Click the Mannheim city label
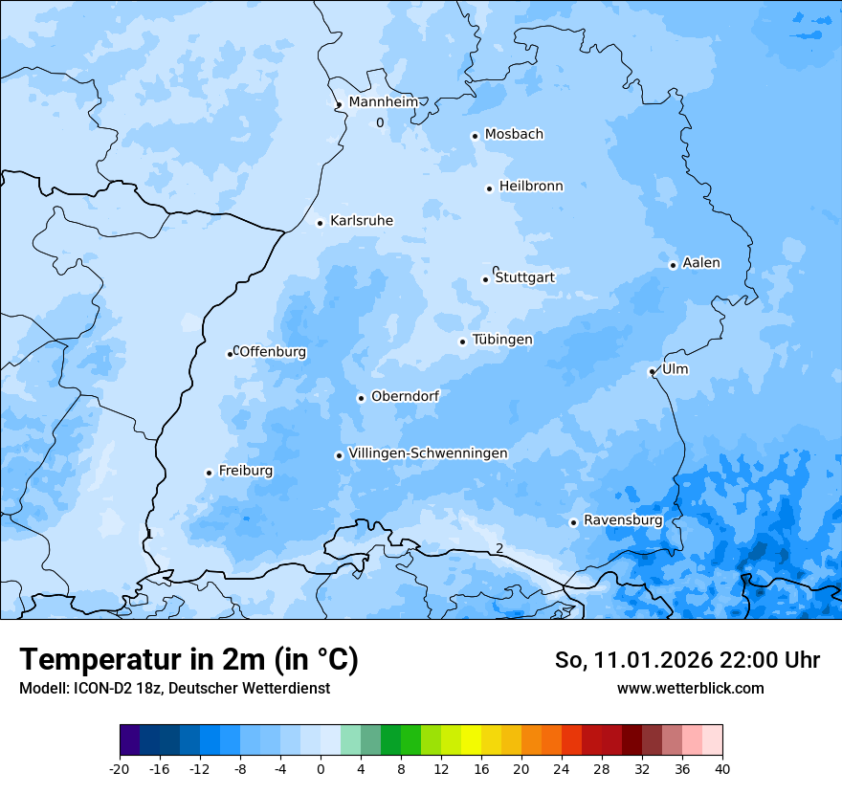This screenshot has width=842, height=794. pos(383,102)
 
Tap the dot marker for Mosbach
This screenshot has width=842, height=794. pos(475,136)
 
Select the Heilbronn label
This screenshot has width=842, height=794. pos(531,187)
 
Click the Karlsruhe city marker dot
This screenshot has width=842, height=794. pos(321,223)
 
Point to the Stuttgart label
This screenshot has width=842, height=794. pos(524,277)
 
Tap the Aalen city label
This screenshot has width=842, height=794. pos(701,263)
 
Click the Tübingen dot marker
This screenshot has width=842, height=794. pos(462,342)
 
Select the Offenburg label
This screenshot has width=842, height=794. pos(273,352)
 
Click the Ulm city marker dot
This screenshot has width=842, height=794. pos(652,371)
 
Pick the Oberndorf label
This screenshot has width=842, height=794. pos(405,396)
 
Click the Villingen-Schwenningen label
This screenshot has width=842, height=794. pos(428,453)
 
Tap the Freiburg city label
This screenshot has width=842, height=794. pos(245,471)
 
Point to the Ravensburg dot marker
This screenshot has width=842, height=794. pos(573,522)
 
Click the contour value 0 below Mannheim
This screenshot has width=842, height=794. pos(380,122)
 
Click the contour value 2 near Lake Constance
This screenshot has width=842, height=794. pos(499,548)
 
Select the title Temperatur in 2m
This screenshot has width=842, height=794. pos(188,659)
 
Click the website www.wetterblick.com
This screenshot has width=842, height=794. pos(690,688)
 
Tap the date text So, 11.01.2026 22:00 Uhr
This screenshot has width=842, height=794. pos(687,660)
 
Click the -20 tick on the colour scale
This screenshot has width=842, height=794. pos(120,768)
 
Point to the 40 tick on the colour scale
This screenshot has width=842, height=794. pos(722,768)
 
